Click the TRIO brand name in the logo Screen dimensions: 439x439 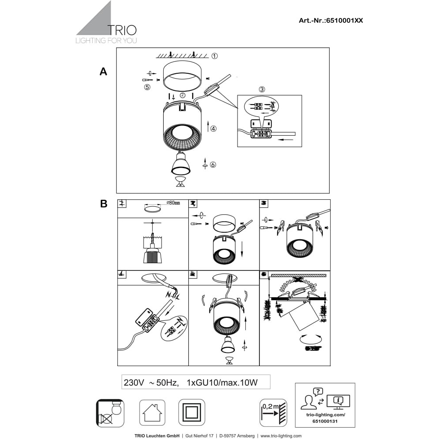point(122,30)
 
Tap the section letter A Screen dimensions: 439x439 point(103,72)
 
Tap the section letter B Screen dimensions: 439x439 point(104,204)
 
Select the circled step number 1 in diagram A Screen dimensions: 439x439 point(215,56)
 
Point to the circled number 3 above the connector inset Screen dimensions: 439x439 point(262,89)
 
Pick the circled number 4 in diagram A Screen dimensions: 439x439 point(213,129)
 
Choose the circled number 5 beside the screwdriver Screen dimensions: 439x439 point(147,87)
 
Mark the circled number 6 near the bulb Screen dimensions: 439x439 point(213,165)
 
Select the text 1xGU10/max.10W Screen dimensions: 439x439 point(222,382)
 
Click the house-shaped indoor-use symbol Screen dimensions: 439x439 point(152,412)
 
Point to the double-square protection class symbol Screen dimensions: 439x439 point(191,412)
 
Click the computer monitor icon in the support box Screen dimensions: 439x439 point(338,400)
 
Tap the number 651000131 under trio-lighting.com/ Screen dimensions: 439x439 point(325,420)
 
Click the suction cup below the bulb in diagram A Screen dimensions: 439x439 point(180,181)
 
